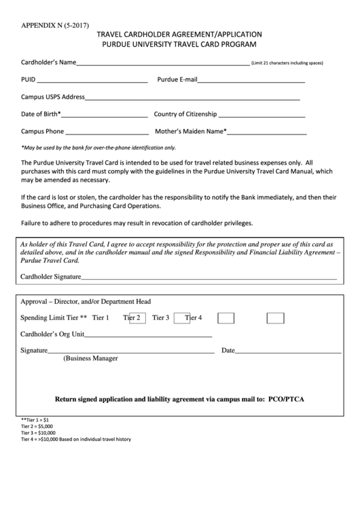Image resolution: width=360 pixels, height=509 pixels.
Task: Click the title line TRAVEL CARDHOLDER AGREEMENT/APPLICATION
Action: tap(179, 34)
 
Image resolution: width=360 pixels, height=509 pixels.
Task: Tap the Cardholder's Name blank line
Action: tap(162, 65)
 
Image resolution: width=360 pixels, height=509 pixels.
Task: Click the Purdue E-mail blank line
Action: tap(251, 82)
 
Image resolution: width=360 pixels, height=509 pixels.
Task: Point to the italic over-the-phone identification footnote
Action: tap(98, 147)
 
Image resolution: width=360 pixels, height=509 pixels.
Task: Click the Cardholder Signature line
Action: tap(209, 279)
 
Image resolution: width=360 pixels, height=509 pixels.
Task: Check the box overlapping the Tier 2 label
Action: tap(137, 317)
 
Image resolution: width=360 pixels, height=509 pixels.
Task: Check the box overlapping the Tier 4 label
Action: tap(182, 317)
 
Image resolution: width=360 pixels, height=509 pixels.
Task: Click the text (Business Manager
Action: tap(90, 358)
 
